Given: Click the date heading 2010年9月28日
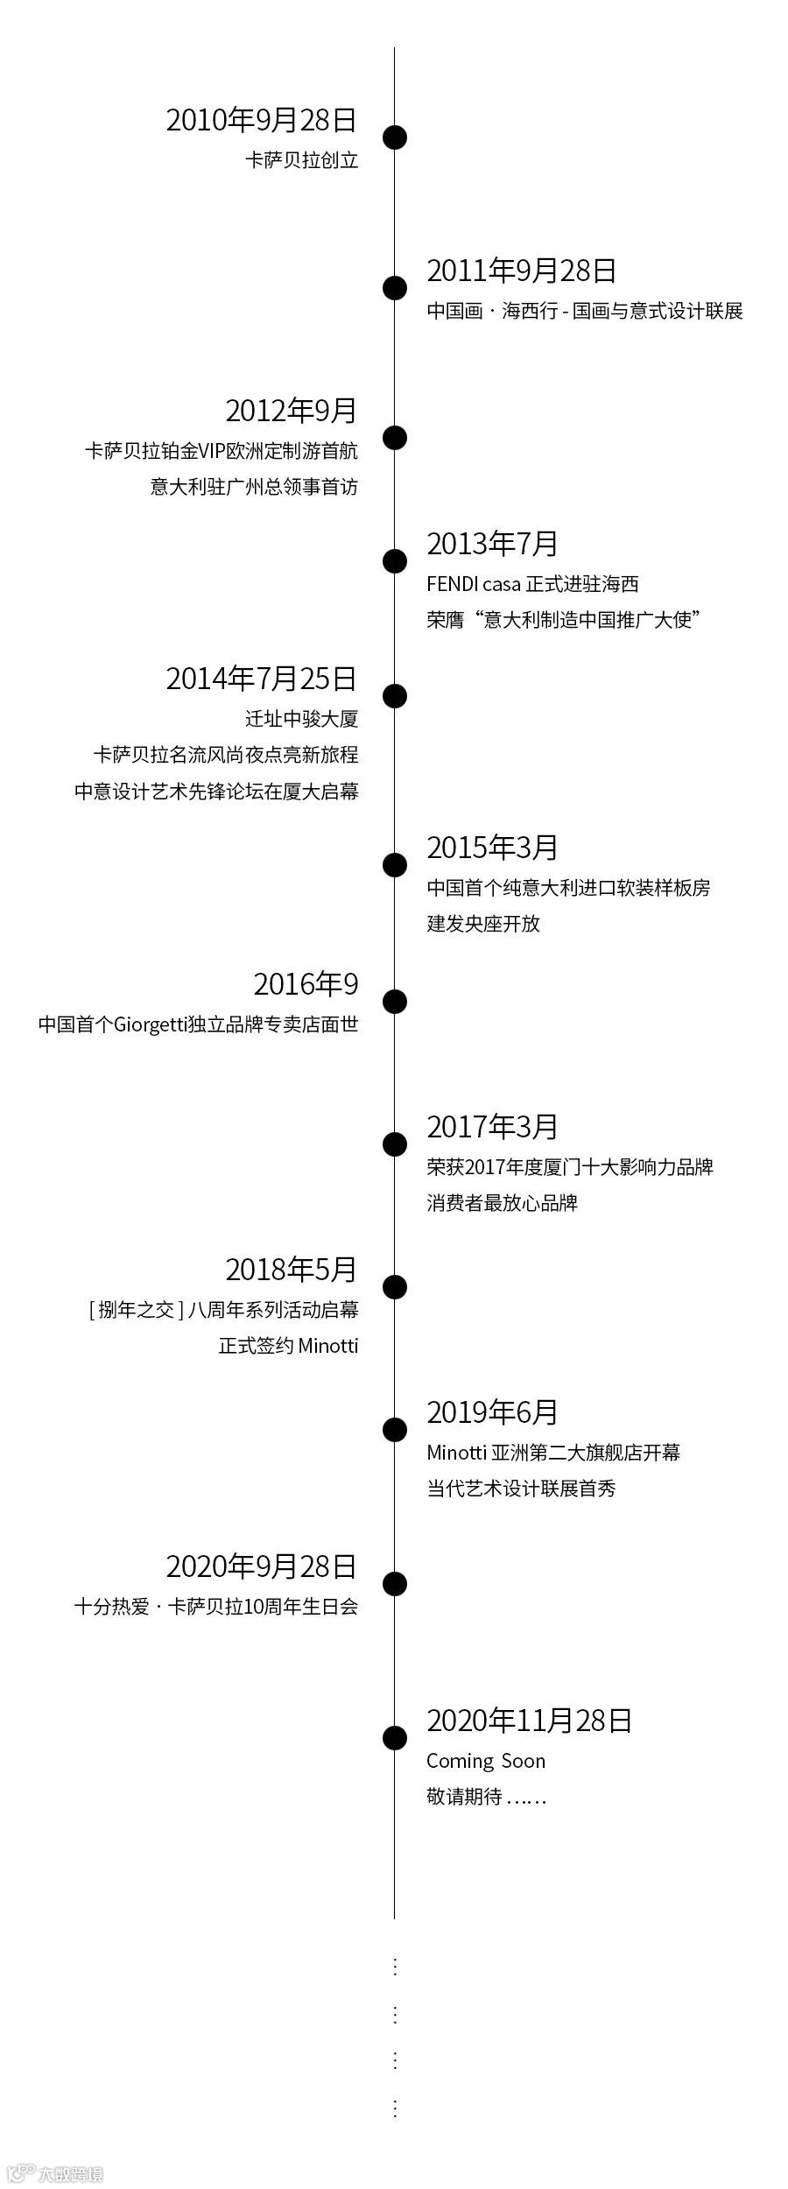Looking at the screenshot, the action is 262,120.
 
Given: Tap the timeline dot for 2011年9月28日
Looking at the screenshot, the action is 395,287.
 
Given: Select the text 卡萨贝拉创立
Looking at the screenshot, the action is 302,160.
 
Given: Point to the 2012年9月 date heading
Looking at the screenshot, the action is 292,411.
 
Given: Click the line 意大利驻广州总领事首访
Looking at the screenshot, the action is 254,487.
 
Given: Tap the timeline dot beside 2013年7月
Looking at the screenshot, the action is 395,560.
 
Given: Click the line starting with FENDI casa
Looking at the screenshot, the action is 532,584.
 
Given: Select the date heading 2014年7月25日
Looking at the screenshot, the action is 262,679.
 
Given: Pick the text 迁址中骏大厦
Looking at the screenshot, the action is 302,719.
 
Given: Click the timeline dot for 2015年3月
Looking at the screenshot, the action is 395,864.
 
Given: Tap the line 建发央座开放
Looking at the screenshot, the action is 483,924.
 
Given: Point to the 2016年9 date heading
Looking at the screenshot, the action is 306,985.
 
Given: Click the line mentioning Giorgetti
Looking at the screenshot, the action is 199,1024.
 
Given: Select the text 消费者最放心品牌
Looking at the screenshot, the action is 503,1203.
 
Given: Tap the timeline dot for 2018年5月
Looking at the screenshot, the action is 395,1286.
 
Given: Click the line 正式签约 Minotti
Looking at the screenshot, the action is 289,1346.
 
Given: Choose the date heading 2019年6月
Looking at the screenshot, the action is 492,1412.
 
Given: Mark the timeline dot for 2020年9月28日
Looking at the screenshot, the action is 395,1583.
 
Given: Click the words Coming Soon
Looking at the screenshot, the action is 486,1761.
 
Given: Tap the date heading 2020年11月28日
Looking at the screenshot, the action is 529,1721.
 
